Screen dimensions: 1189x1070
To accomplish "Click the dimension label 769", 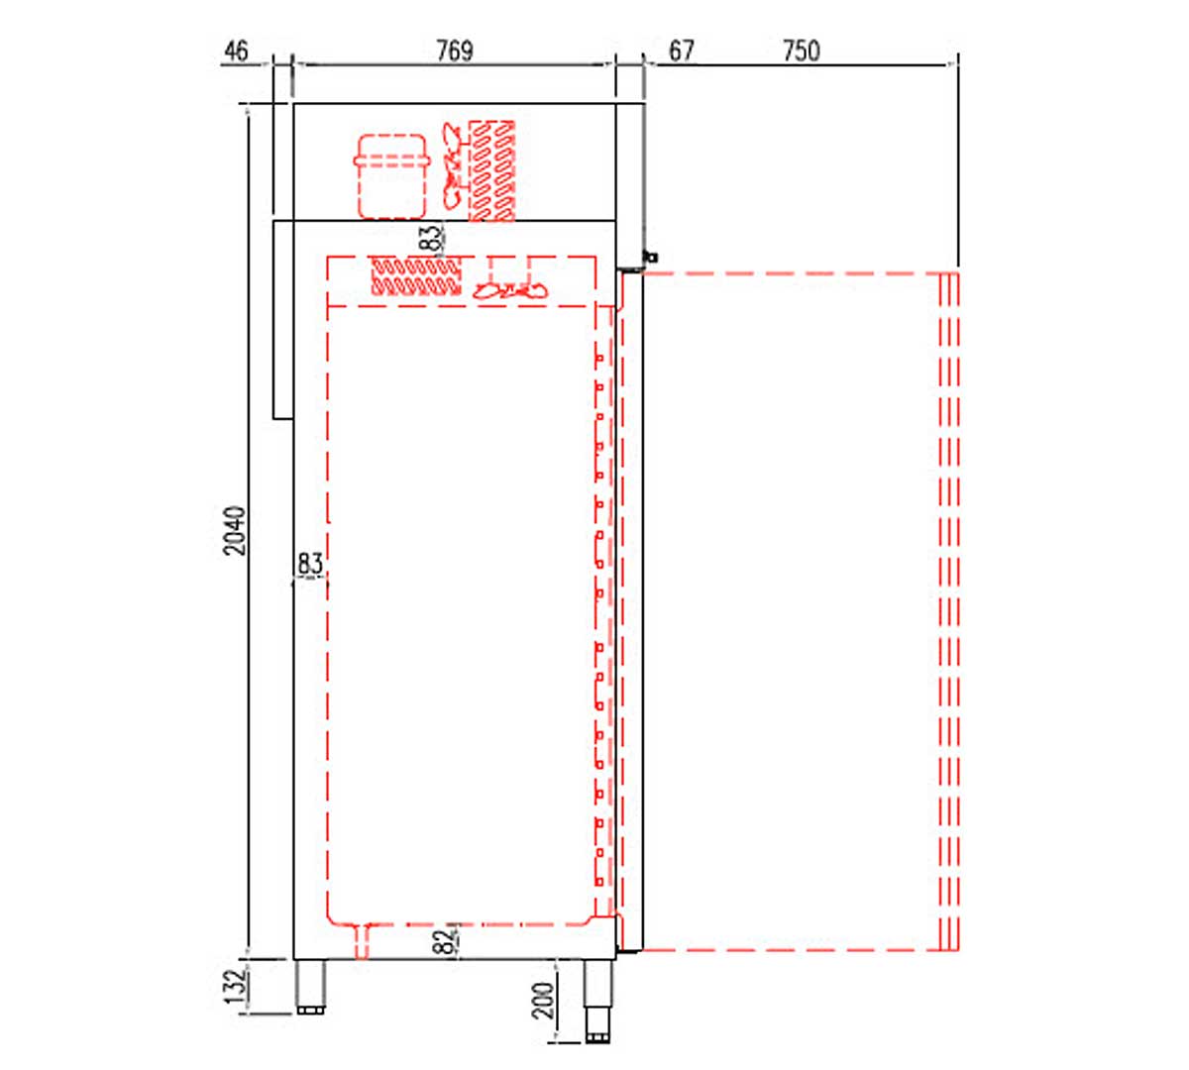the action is [x=455, y=51].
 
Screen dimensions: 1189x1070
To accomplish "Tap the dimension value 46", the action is [x=236, y=51].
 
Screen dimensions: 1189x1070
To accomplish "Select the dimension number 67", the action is [x=681, y=51].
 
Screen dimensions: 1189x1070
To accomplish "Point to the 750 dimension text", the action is [x=802, y=51].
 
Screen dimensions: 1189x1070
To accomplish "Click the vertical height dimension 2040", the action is [x=235, y=531].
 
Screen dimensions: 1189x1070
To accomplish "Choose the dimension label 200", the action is [x=544, y=1001].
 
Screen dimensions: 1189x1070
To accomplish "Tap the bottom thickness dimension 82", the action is [x=447, y=942].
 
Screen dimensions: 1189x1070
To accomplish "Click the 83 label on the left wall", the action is [x=310, y=563].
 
